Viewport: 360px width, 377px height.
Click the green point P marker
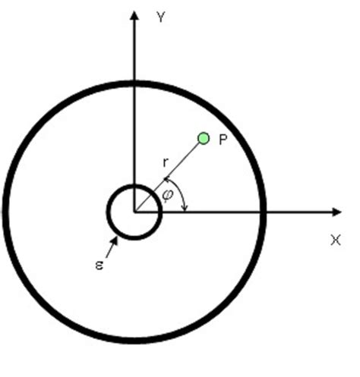tap(203, 138)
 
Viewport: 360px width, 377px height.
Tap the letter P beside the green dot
tap(223, 141)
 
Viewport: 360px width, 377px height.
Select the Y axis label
tap(161, 17)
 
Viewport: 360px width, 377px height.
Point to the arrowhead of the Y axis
tap(134, 14)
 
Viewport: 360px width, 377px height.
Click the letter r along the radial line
tap(166, 162)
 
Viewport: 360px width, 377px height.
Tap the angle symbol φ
tap(168, 196)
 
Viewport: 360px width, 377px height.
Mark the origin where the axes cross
tap(134, 211)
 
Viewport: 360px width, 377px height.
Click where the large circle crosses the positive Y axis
tap(134, 82)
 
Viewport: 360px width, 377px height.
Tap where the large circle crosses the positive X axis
tap(264, 211)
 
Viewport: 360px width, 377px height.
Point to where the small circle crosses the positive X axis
tap(159, 211)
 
